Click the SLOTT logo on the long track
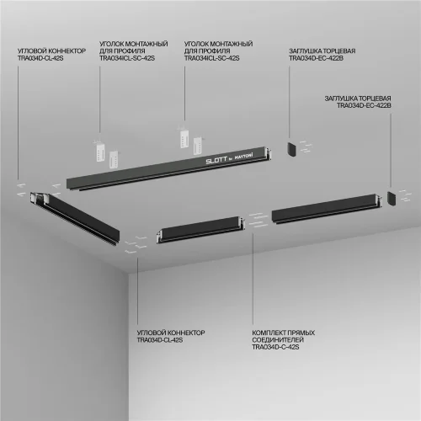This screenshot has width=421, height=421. click(216, 157)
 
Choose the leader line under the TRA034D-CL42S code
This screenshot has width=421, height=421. click(17, 118)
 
